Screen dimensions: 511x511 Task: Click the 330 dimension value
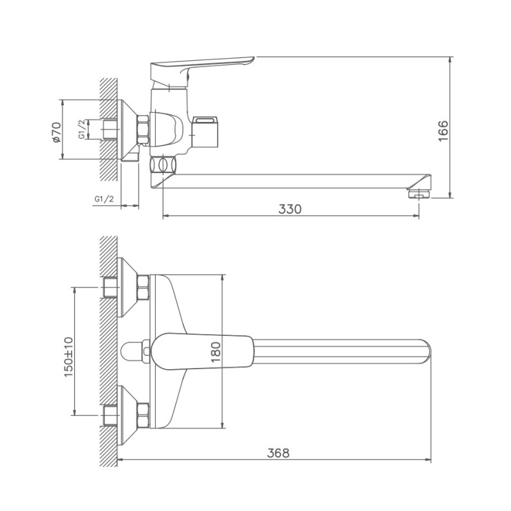[289, 208]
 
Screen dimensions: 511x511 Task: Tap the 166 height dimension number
[444, 130]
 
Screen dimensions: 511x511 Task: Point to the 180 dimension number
[215, 351]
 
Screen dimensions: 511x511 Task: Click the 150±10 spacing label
[68, 356]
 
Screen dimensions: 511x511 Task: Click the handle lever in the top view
[204, 351]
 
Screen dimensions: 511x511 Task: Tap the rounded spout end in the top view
[425, 351]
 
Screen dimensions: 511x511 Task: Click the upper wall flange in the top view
[128, 287]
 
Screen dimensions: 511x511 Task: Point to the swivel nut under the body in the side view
[162, 165]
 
